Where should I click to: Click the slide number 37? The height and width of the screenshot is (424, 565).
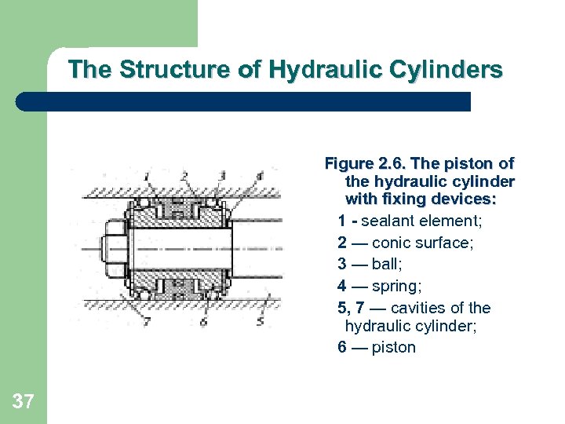(24, 403)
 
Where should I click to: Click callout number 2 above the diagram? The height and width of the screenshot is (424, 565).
(184, 174)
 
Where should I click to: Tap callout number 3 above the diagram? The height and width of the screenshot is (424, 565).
(223, 174)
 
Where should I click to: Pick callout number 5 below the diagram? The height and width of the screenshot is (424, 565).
(260, 320)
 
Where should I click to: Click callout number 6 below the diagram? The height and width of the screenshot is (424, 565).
(203, 321)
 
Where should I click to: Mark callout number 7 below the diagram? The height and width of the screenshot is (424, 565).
(147, 321)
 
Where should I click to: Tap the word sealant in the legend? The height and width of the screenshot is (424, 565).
(387, 221)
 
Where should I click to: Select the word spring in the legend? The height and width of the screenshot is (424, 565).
(394, 286)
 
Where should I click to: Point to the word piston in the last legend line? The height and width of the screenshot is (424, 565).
(394, 347)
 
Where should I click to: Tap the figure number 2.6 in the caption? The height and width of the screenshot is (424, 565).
(390, 164)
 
